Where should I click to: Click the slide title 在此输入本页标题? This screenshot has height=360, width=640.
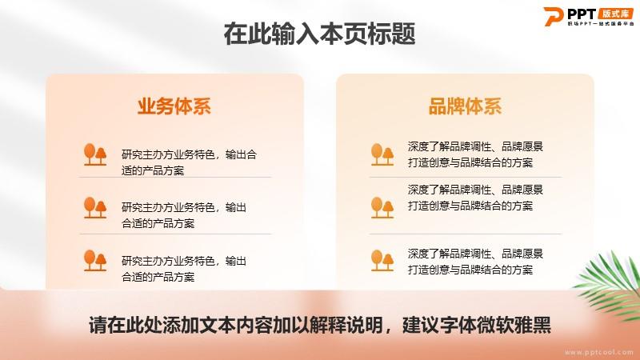coord(319,34)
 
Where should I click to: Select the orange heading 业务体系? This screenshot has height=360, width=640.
coord(174,106)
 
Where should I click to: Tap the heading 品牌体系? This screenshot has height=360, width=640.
coord(465,106)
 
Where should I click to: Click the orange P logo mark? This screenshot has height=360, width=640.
coord(553,16)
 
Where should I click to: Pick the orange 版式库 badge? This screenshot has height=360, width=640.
coord(616,14)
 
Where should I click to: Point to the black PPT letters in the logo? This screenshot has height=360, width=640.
coord(582,14)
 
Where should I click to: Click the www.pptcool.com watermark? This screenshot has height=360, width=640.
coord(599,352)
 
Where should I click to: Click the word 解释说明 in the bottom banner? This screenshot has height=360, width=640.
coord(347,325)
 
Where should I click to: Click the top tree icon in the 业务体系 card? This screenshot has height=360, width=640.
coord(95,154)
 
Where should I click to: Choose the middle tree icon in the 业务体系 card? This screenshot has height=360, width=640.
coord(95,207)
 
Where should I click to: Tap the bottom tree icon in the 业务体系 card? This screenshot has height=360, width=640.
coord(95,261)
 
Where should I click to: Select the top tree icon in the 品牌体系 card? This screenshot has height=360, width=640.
coord(382,154)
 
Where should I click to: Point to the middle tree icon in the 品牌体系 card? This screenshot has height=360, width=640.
coord(382,207)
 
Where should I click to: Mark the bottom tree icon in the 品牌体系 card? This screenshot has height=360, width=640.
coord(382,261)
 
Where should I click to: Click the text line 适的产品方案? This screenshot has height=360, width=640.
coord(153,170)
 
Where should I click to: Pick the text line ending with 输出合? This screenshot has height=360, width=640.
coord(189,154)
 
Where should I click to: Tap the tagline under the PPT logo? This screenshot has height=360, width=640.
coord(601,24)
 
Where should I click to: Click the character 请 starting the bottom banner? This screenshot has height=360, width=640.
coord(98,325)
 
